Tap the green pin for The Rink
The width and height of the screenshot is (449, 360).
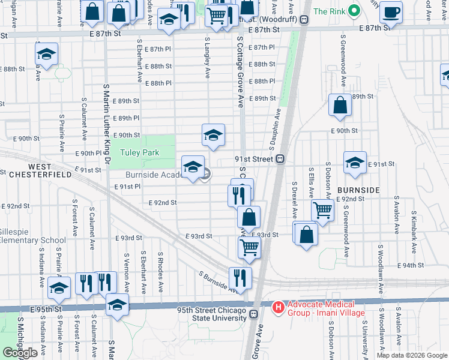click(x=355, y=11)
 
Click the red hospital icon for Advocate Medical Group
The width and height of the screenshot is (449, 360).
click(x=278, y=307)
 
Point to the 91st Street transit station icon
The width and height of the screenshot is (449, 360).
click(x=279, y=160)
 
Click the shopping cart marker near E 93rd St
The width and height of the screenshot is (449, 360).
click(x=249, y=247)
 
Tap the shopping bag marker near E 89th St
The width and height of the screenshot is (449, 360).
click(x=340, y=106)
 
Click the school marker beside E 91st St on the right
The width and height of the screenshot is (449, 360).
click(x=355, y=163)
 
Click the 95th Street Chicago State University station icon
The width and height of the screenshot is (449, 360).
click(x=254, y=314)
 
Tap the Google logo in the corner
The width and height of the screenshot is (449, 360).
click(x=20, y=353)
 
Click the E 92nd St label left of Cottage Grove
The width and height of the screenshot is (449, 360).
click(x=163, y=203)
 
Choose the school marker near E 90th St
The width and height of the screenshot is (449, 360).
click(x=213, y=136)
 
